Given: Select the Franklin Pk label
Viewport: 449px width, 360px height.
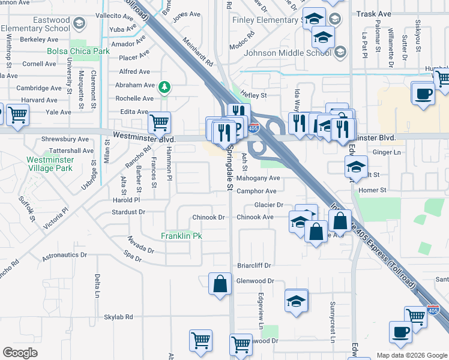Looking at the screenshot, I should point(181,236).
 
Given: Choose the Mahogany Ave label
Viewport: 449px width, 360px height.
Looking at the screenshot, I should point(258,178).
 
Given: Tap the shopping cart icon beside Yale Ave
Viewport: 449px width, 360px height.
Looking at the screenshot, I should point(18,113).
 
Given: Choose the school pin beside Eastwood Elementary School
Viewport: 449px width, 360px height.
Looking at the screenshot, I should point(79,24).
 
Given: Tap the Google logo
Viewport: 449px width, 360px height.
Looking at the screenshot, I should point(20,353).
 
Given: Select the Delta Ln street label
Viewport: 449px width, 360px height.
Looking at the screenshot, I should point(97,286).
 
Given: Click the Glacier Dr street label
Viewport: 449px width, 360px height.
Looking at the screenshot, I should point(268,205).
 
